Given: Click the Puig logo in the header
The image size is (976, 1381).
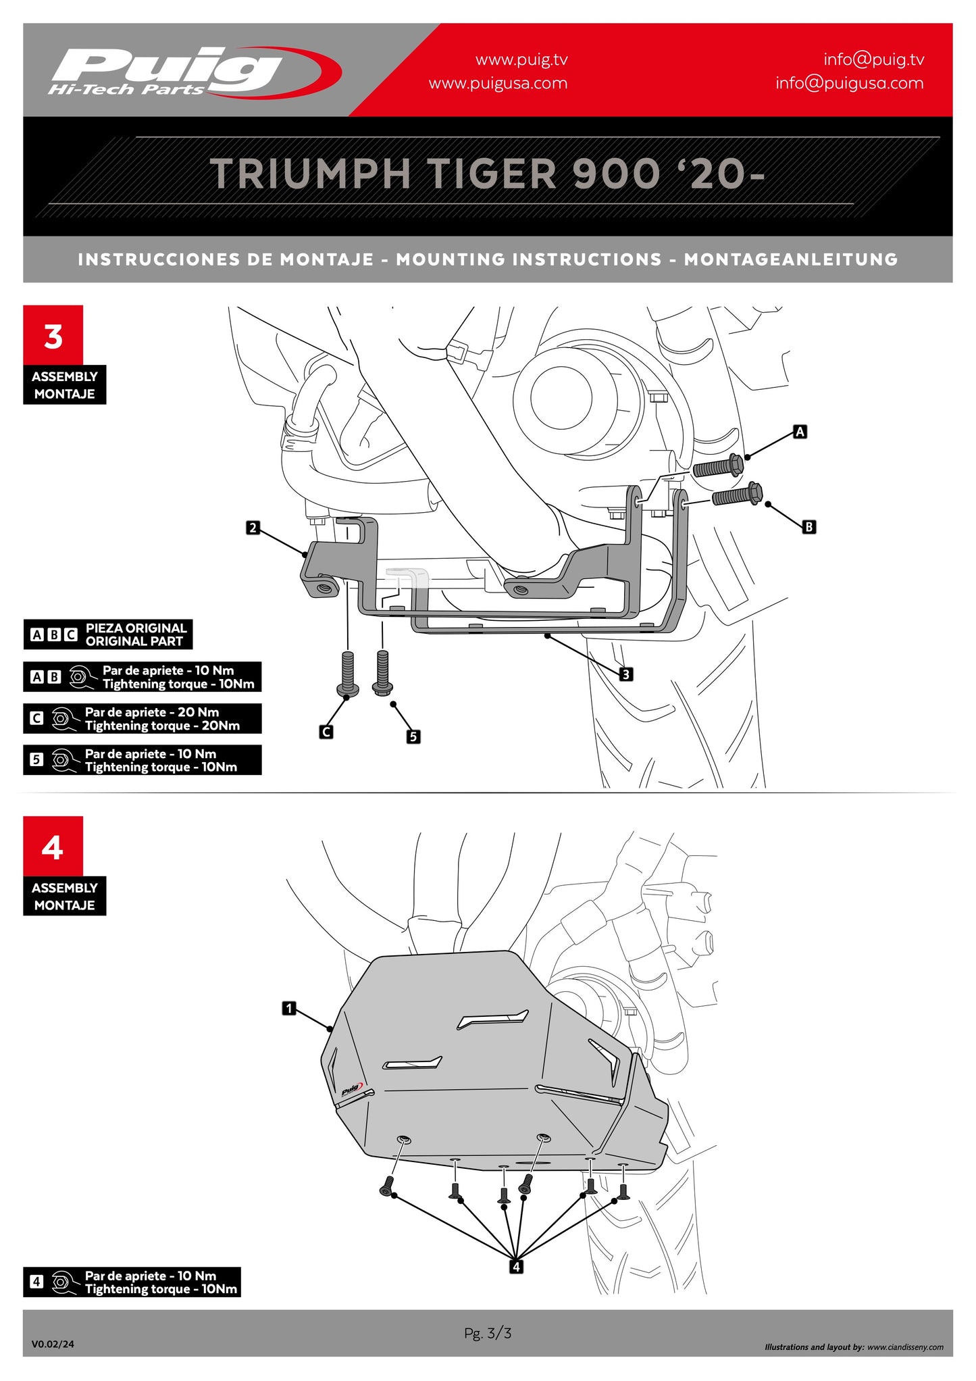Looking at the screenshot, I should pos(192,72).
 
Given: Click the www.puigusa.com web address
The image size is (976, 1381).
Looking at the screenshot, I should pos(498,84).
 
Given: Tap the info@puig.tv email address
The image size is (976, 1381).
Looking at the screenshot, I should pos(873,59).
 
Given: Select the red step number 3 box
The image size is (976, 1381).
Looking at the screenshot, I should pos(53,336).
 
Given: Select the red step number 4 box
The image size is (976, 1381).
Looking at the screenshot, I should pos(53,847).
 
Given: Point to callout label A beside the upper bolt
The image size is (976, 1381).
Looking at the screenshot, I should pos(800,432).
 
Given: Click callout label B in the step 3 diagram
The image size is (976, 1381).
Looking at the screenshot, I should pos(808,526).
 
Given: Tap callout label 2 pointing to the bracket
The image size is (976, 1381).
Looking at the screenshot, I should pos(253,528).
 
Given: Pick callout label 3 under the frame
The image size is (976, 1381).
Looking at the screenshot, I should pos(626,674).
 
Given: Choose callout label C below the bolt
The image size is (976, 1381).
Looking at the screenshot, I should pos(326,732).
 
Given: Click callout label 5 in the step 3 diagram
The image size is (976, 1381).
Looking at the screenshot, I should pos(413,736).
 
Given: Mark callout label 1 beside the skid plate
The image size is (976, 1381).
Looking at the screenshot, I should pos(289,1009).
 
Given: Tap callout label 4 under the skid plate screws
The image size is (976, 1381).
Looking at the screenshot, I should pos(516,1267).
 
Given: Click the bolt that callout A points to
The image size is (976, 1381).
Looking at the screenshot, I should pos(718,467).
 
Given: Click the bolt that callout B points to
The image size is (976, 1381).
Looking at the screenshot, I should pos(737,496).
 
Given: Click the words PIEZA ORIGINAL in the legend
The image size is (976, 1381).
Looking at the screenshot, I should pos(136,628).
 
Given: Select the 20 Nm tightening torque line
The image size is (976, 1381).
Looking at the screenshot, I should pos(161,726).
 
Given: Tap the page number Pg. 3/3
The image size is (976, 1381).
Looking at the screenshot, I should pos(488,1333).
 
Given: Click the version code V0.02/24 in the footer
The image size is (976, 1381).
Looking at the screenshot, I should pos(53,1344).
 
